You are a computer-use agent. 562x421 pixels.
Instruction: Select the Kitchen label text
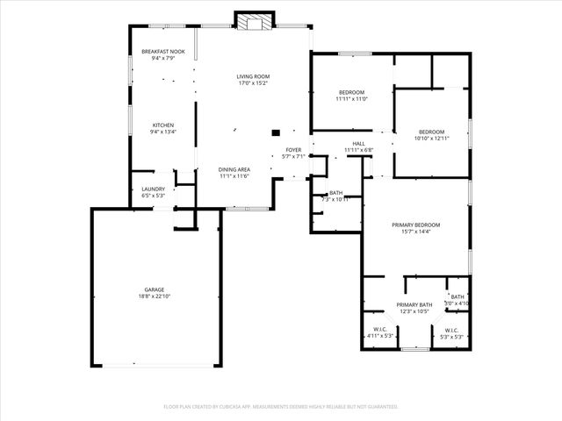163,125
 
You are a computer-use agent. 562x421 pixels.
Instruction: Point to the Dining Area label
234,169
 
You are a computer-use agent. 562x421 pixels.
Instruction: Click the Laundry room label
154,189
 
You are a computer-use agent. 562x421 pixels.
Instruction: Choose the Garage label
155,289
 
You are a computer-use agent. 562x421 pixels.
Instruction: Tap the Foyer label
293,150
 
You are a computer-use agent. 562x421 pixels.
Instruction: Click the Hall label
358,143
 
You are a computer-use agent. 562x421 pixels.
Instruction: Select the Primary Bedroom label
415,225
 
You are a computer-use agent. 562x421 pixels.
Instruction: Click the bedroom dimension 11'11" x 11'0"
351,99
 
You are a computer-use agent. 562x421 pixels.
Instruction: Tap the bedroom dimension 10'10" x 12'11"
431,139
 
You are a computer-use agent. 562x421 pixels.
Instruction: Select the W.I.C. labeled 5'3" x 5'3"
450,336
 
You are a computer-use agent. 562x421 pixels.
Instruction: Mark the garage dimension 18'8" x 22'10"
155,296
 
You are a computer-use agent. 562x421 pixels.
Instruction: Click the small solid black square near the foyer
275,132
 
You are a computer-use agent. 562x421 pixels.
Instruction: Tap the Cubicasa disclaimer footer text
281,406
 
